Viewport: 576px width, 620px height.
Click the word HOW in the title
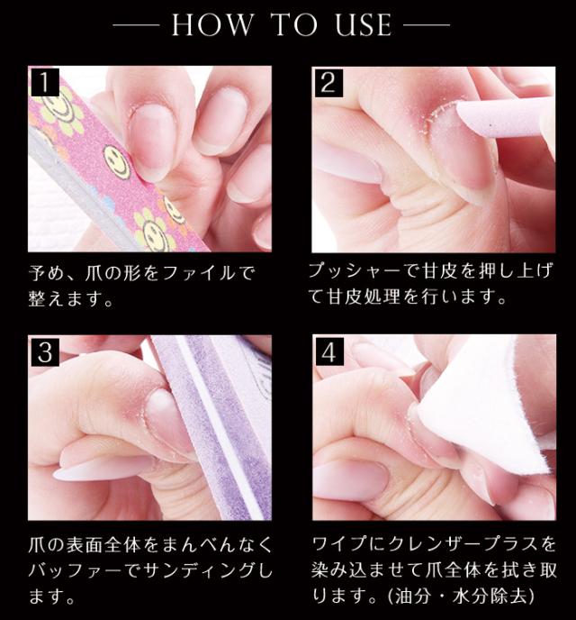click(x=212, y=24)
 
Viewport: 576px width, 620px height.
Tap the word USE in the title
click(x=364, y=24)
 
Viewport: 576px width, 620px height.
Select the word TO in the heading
click(x=295, y=24)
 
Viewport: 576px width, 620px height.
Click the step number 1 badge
click(x=44, y=82)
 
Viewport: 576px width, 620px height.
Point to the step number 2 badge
click(x=328, y=83)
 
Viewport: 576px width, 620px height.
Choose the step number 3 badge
click(x=45, y=351)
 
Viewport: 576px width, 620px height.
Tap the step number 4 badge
click(x=329, y=351)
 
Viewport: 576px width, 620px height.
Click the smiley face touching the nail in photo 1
click(x=118, y=161)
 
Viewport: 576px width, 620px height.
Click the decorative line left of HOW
click(x=137, y=25)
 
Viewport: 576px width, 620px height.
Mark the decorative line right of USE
click(x=427, y=25)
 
